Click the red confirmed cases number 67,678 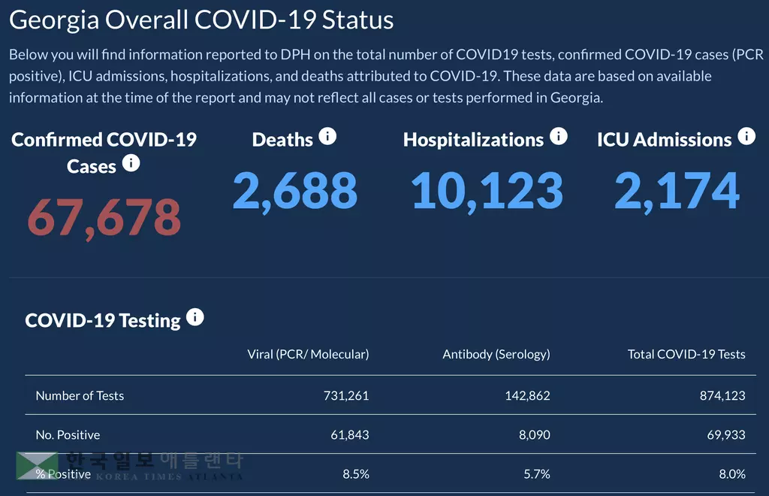[104, 216]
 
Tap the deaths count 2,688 [294, 190]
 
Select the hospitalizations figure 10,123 [487, 190]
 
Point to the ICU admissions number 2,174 [677, 190]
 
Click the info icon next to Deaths [327, 136]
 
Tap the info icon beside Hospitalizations [558, 136]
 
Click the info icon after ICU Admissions [746, 136]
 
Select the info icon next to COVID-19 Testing [195, 317]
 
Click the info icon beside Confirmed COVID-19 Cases [131, 163]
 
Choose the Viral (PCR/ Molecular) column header [308, 354]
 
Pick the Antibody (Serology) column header [496, 354]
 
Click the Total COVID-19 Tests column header [686, 354]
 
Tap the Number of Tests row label [80, 395]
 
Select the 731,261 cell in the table [345, 395]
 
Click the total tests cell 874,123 [722, 395]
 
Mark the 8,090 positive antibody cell [534, 434]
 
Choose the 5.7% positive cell [536, 474]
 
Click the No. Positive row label [68, 434]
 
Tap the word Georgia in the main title [53, 20]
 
